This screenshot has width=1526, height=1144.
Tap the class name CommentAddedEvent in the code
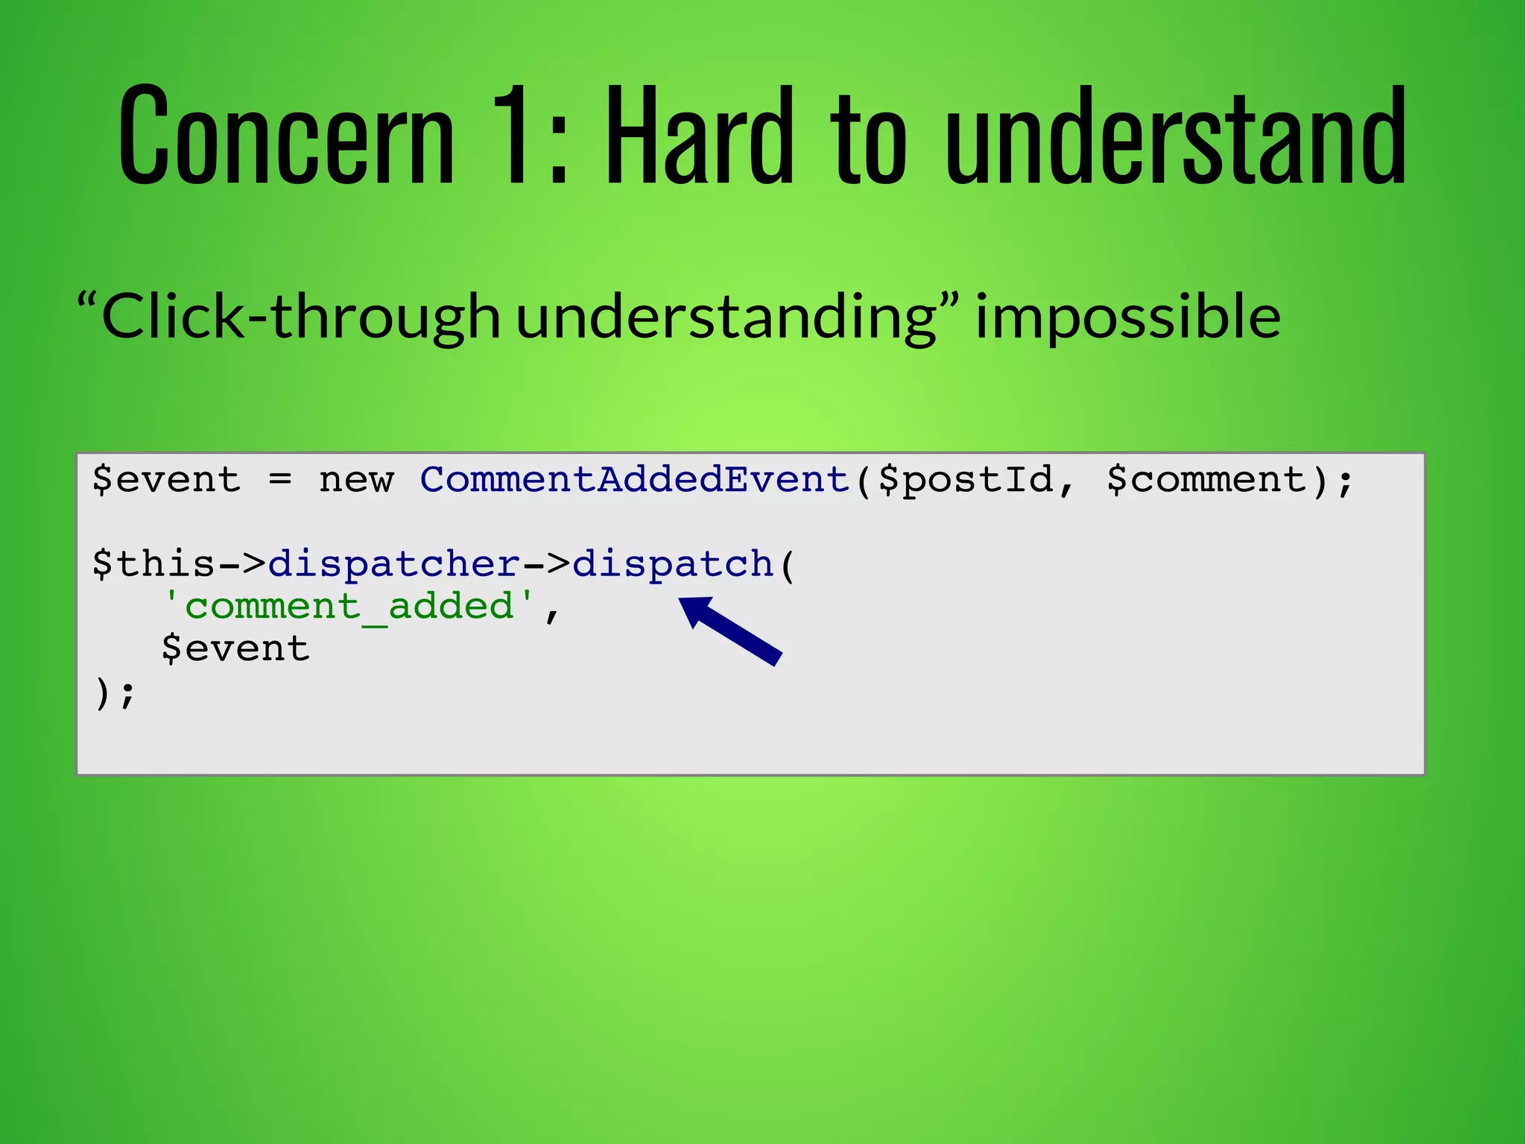point(635,479)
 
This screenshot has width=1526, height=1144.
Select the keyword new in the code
point(355,479)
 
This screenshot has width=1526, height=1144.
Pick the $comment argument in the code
point(1207,479)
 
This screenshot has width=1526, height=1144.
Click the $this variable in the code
point(153,563)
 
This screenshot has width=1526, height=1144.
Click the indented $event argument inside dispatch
point(235,648)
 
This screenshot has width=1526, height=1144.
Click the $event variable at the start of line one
point(166,479)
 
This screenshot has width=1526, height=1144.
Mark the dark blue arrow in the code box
point(731,631)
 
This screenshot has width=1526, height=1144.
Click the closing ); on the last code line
point(114,693)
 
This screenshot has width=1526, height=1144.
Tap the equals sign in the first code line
point(279,479)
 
